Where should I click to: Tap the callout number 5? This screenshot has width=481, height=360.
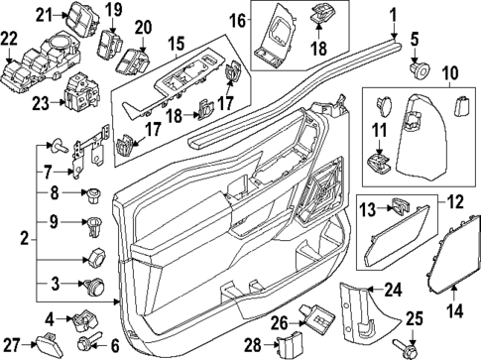[x=416, y=41]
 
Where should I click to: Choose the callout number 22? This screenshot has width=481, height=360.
[x=10, y=38]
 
